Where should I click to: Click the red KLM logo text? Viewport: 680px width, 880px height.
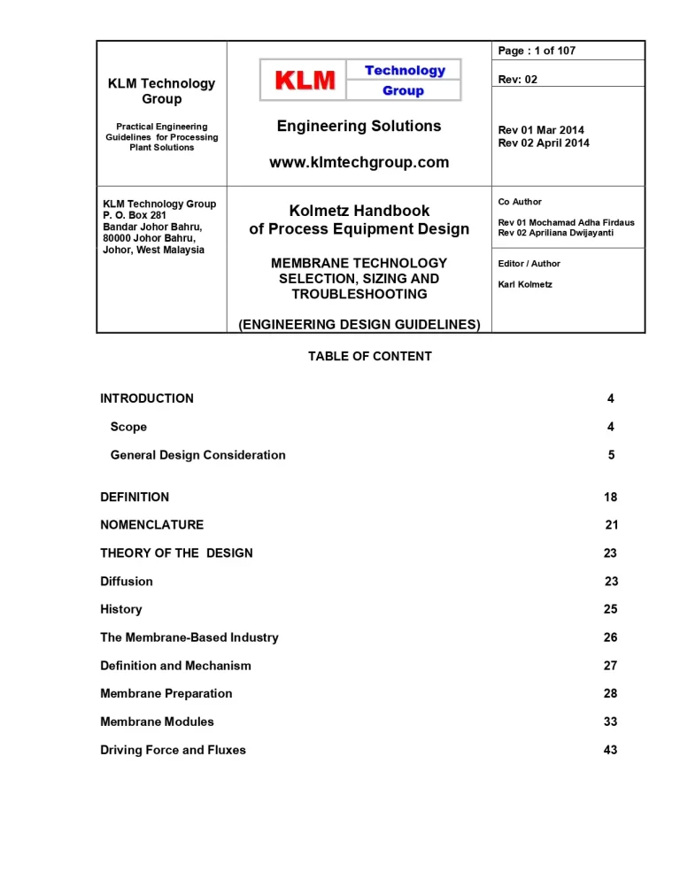pyautogui.click(x=305, y=81)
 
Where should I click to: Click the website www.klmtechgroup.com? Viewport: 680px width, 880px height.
pyautogui.click(x=359, y=162)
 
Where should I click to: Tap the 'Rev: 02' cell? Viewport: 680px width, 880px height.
pyautogui.click(x=518, y=80)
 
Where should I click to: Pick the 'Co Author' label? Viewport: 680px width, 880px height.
pyautogui.click(x=520, y=202)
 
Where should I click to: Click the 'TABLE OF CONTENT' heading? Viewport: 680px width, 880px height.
pyautogui.click(x=370, y=356)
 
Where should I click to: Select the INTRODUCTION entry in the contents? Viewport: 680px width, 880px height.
pyautogui.click(x=147, y=398)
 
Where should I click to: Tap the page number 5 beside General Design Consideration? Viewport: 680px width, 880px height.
pyautogui.click(x=611, y=455)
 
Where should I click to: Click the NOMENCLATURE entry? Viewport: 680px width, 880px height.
pyautogui.click(x=151, y=525)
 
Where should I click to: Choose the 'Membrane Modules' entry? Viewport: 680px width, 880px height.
pyautogui.click(x=157, y=722)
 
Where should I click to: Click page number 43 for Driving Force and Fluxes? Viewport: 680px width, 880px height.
pyautogui.click(x=610, y=750)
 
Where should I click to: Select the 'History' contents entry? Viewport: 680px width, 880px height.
pyautogui.click(x=121, y=609)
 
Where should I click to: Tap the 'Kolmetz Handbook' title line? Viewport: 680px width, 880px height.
pyautogui.click(x=359, y=211)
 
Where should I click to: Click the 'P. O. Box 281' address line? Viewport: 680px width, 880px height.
pyautogui.click(x=135, y=215)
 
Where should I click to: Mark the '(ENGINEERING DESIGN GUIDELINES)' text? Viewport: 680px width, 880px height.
pyautogui.click(x=359, y=325)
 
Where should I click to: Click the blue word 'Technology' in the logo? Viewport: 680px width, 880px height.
pyautogui.click(x=405, y=70)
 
